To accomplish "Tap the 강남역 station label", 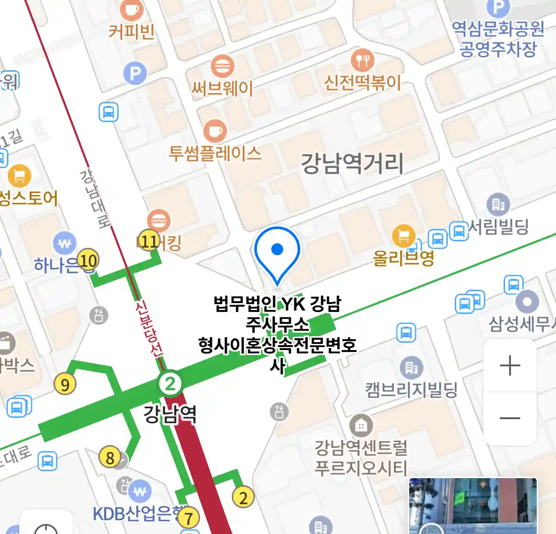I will coord(170,413).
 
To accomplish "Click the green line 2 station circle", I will coord(170,383).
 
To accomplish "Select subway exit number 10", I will coord(88,260).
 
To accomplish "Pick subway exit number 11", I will coord(149,241).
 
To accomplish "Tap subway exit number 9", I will coord(65,384).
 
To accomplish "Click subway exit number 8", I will coord(110,457).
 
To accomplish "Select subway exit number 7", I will coord(188,518).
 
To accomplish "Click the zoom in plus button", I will coord(510,366).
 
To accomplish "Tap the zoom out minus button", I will coord(510,418).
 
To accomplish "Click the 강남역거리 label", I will coord(352,164).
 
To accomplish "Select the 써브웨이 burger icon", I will coord(222,66).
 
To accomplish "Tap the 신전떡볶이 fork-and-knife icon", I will coord(362,60).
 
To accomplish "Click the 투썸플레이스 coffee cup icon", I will coord(215,131).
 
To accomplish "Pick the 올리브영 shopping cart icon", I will coord(403,236).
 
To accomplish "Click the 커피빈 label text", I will coord(131,32).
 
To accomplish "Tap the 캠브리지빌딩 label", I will coord(411,390).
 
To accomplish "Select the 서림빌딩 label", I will coord(498,227).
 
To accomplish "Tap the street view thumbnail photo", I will coord(472,505).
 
